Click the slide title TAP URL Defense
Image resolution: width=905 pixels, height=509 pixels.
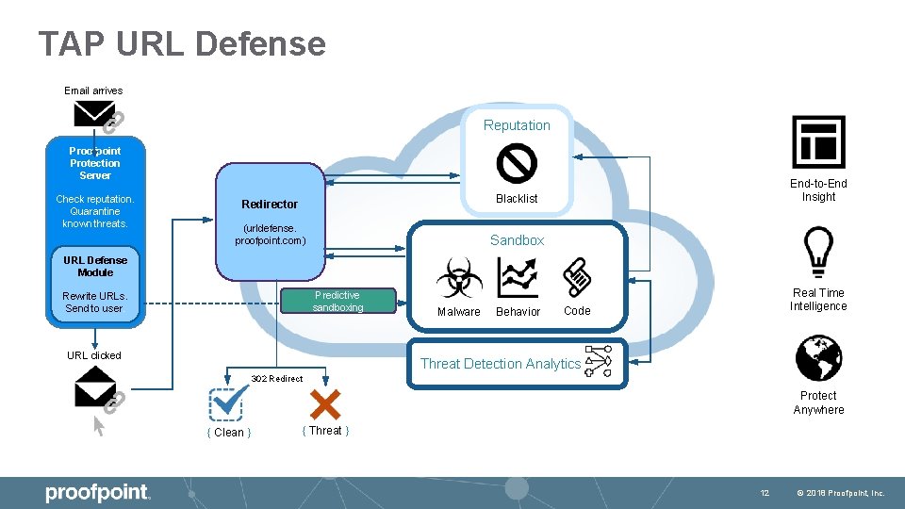point(182,44)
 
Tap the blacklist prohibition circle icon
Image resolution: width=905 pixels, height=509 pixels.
point(517,163)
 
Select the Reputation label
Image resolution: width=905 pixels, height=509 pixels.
point(517,125)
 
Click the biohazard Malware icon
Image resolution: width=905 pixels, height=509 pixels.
point(459,278)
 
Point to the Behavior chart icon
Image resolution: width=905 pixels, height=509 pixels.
point(518,278)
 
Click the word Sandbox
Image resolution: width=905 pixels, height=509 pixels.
point(517,240)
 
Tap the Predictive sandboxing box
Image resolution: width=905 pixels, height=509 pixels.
point(337,302)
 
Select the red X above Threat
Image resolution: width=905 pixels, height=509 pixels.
point(324,405)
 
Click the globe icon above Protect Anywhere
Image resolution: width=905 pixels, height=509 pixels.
point(818,359)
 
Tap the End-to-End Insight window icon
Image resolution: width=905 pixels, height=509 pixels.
point(818,142)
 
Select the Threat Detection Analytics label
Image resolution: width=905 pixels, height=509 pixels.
point(500,364)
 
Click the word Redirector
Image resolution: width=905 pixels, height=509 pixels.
point(270,205)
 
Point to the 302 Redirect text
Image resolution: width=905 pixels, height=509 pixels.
point(277,379)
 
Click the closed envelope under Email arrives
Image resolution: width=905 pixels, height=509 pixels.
point(94,114)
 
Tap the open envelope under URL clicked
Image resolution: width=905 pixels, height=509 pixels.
point(95,386)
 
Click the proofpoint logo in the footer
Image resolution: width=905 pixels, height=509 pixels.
point(97,492)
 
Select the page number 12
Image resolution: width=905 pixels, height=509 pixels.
point(765,493)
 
